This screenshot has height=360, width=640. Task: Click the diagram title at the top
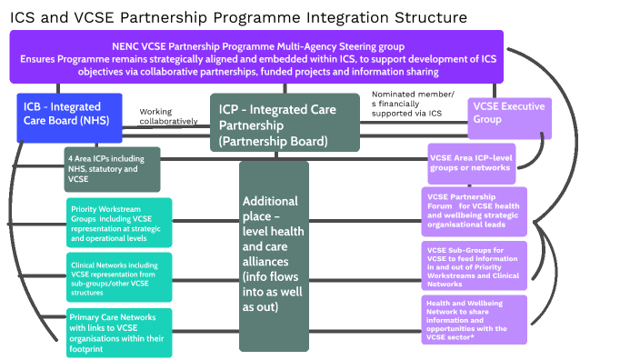(239, 17)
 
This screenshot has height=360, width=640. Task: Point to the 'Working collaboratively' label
(167, 116)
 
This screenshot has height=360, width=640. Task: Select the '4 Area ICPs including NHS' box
(99, 168)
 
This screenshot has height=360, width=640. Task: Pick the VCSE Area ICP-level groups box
(476, 163)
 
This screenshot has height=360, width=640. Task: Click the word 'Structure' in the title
(428, 17)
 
